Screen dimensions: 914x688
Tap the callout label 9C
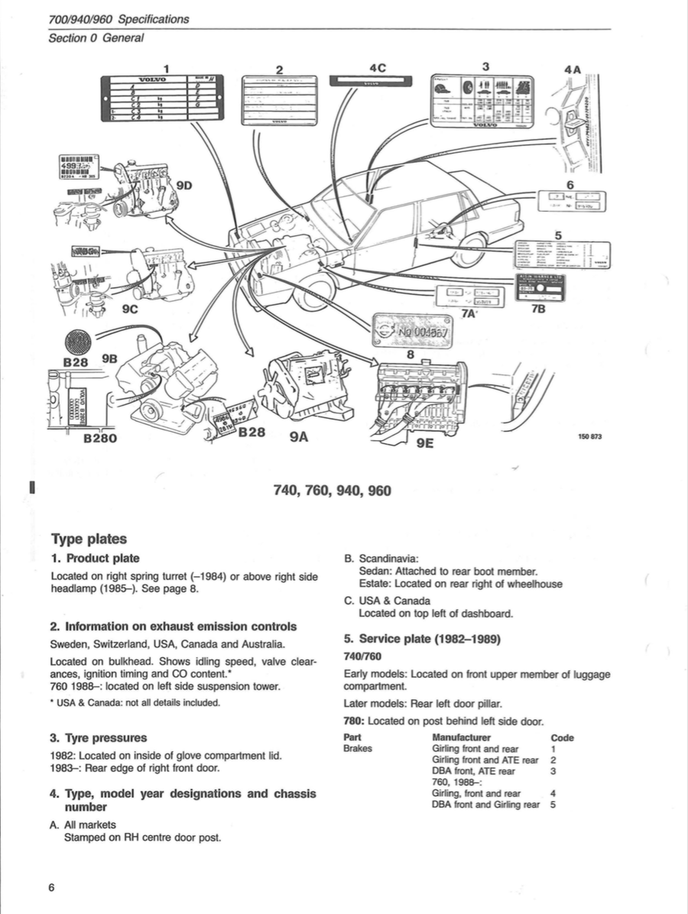click(131, 310)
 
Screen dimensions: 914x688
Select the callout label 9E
click(424, 443)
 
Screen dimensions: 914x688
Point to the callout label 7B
click(538, 310)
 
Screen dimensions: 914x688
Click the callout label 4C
click(378, 67)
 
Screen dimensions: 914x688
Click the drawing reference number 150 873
click(590, 436)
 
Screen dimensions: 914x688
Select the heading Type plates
click(89, 540)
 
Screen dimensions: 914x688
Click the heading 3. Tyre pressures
click(99, 738)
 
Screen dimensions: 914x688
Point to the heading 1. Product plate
click(95, 559)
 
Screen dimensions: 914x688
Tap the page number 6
click(51, 887)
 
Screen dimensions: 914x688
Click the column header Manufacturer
click(461, 737)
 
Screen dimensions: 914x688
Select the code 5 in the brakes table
click(553, 805)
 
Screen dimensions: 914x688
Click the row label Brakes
click(358, 749)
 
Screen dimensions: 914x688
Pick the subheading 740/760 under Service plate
click(363, 656)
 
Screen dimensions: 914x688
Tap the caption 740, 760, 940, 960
click(332, 490)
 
